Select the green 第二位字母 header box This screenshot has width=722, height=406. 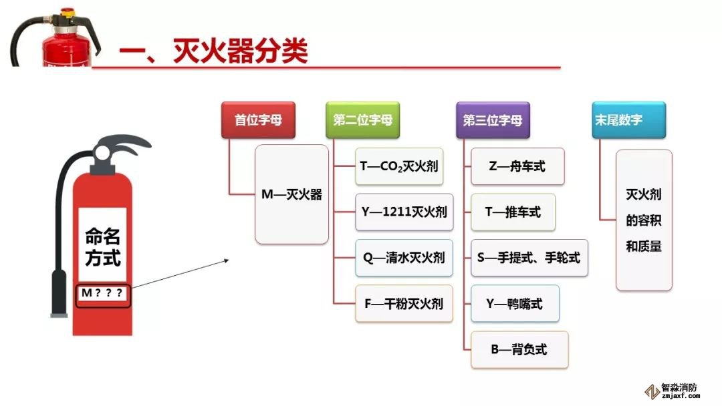[x=362, y=120]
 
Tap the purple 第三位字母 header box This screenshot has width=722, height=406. [x=493, y=120]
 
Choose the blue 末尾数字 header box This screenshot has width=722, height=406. [x=619, y=120]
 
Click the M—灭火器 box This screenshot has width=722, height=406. [x=292, y=194]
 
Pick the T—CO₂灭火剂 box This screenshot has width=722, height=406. [x=399, y=166]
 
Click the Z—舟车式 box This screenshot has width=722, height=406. [x=517, y=166]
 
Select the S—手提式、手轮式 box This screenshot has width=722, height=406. [x=529, y=258]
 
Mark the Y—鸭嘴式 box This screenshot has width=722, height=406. [x=514, y=304]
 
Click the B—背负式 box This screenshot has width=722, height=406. [x=519, y=349]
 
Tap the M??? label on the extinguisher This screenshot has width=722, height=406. [x=102, y=294]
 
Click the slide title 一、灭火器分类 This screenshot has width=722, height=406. [x=213, y=51]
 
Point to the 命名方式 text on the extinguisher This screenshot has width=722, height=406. [x=102, y=246]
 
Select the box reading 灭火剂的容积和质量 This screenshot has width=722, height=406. [x=643, y=220]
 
